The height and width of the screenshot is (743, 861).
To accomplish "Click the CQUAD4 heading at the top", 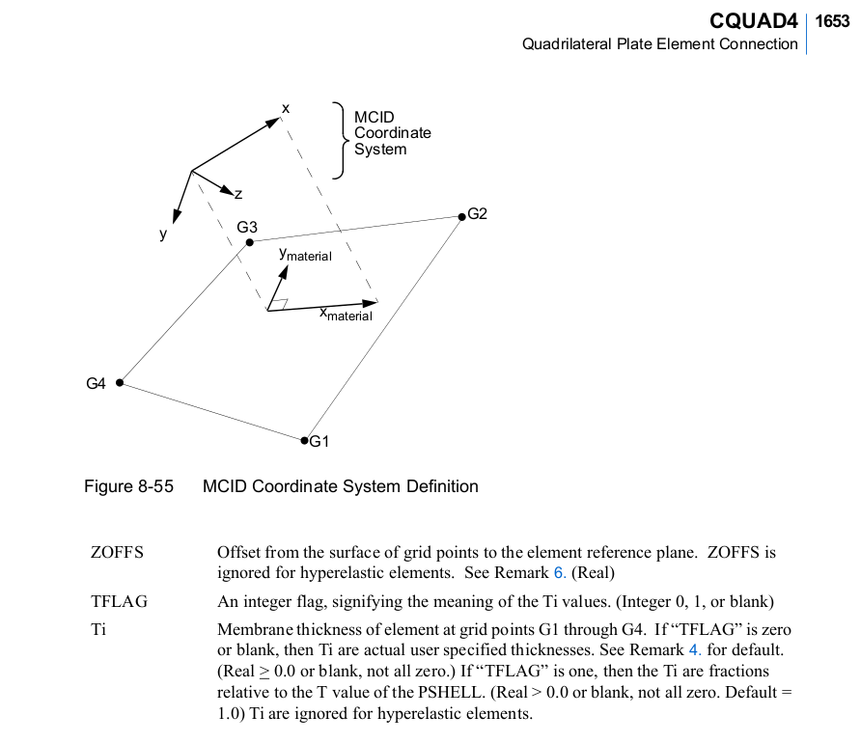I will click(753, 20).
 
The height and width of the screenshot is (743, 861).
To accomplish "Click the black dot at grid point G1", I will click(304, 440).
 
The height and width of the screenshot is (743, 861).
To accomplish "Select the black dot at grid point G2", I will click(460, 216).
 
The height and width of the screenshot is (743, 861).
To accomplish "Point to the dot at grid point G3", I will click(250, 242).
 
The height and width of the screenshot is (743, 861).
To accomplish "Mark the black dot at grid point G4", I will click(120, 382).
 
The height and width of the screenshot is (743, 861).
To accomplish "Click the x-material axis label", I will click(346, 315).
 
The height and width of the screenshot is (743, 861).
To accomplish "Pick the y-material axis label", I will click(305, 255).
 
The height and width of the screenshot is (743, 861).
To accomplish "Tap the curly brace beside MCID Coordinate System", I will click(339, 140).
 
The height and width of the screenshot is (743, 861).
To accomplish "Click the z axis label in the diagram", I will click(237, 195).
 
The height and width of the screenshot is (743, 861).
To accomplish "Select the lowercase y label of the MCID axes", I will click(164, 234).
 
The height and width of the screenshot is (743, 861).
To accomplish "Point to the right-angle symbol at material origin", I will click(278, 304).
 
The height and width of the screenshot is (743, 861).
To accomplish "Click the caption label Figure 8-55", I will click(129, 486).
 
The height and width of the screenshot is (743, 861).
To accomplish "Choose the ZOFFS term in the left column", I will click(117, 553).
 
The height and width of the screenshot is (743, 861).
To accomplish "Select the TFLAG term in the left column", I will click(119, 602).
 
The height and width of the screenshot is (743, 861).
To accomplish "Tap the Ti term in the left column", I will click(98, 629).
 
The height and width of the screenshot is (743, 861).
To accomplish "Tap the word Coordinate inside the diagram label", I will click(393, 133).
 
